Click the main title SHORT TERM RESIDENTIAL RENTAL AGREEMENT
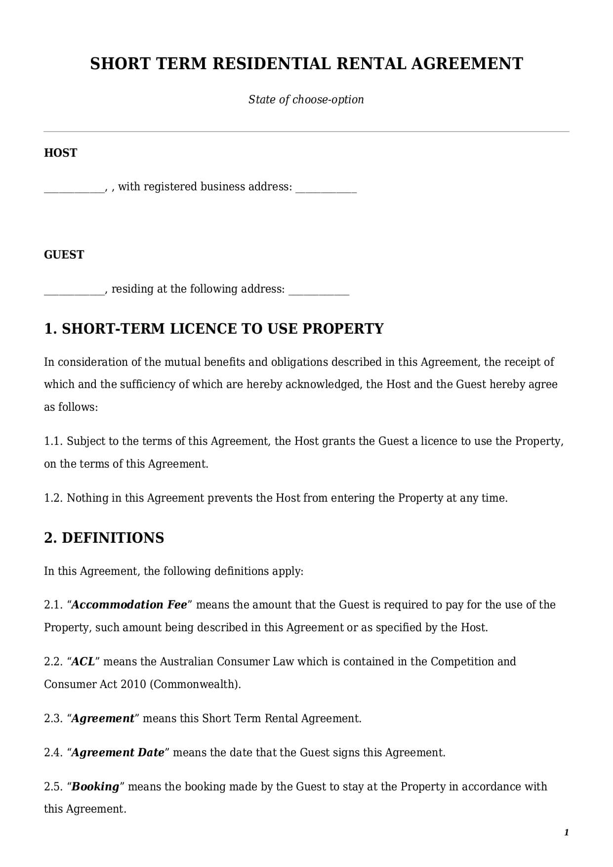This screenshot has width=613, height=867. click(x=306, y=64)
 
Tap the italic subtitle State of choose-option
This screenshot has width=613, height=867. click(x=306, y=99)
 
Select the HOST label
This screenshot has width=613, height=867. click(x=60, y=153)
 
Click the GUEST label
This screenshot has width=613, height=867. click(x=64, y=255)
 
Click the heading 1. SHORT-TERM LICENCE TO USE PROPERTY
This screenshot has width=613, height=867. click(x=214, y=329)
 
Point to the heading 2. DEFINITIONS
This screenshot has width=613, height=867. click(x=104, y=538)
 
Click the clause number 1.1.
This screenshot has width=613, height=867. click(x=53, y=441)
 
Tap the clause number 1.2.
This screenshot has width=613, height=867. click(x=53, y=498)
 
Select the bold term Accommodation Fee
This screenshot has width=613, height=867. click(x=129, y=605)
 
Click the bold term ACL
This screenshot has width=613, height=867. click(x=83, y=661)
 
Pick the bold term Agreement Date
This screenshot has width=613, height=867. click(x=118, y=752)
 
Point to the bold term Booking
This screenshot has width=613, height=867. click(x=95, y=786)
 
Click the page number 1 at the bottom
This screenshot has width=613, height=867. click(x=567, y=832)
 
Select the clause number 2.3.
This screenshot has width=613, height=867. click(x=53, y=718)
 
